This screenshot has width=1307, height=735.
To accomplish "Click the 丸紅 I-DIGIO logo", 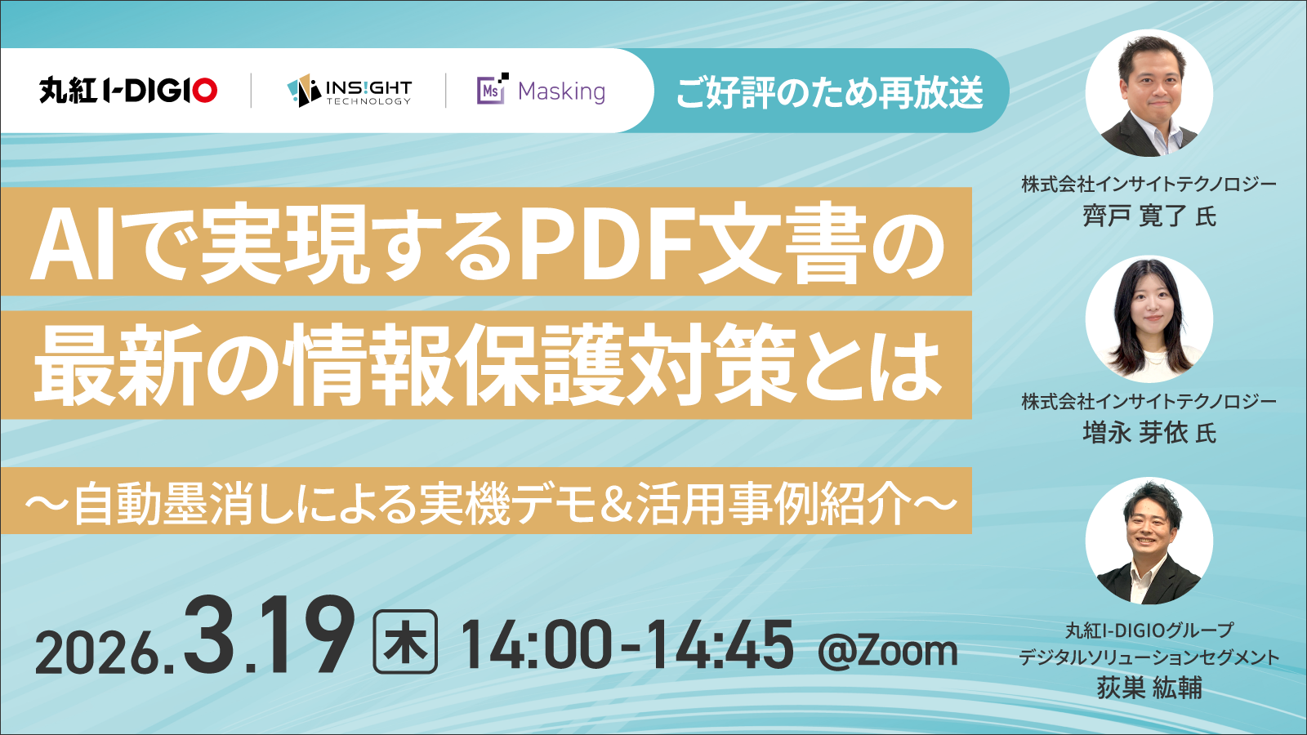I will point(128,91).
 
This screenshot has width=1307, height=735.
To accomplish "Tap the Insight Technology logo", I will point(349,91).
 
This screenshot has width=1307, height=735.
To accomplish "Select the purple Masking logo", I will point(541,91).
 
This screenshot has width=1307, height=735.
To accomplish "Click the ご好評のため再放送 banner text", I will point(829,91).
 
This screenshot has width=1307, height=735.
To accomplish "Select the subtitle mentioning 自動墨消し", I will point(490,502).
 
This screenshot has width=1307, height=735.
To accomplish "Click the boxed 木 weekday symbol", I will point(405,644).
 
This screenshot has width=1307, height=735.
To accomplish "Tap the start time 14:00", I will point(536,645).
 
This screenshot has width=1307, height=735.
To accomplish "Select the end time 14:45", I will point(719,645).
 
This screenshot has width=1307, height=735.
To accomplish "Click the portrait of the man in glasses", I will point(1149,94).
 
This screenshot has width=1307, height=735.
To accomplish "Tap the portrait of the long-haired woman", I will point(1149,319).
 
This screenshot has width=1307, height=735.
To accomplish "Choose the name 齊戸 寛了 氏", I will point(1149,216).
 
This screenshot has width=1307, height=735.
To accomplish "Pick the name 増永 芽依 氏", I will point(1149,433).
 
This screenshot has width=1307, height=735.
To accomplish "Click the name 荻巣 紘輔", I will point(1149,688).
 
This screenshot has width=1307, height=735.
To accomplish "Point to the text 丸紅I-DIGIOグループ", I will point(1149,630).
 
